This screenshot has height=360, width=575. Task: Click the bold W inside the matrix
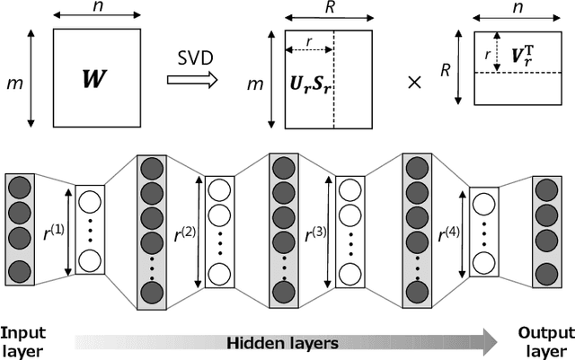pos(93,80)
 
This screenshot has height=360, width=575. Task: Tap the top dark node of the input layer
pos(19,189)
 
